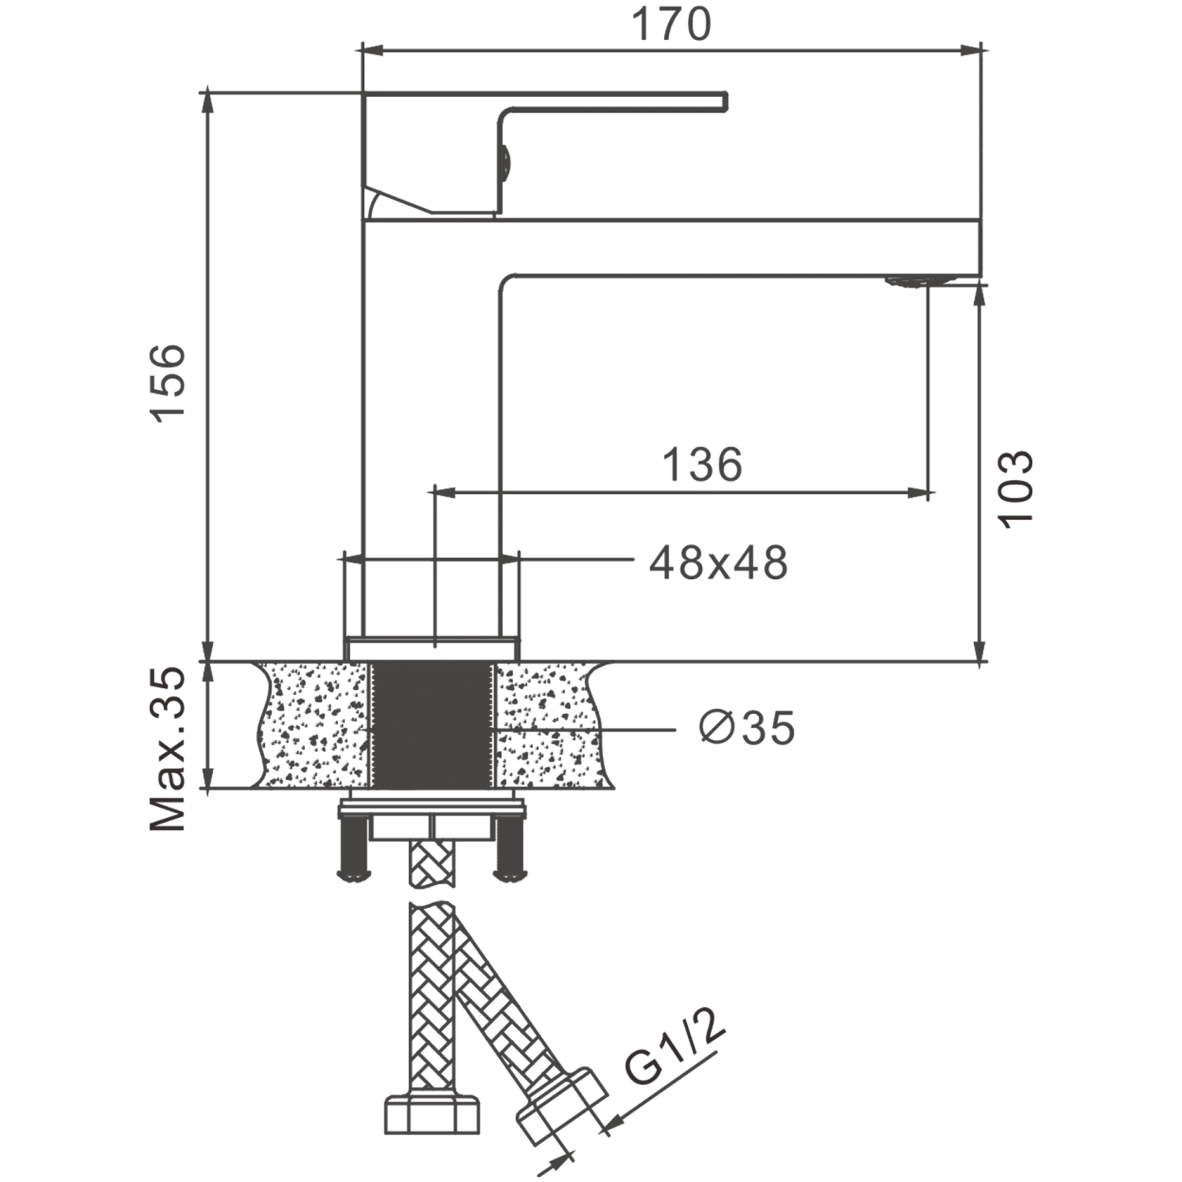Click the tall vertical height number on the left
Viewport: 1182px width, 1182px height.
pyautogui.click(x=169, y=384)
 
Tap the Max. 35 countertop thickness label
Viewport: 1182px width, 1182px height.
pyautogui.click(x=169, y=746)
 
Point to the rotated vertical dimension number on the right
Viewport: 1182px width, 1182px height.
pyautogui.click(x=1013, y=487)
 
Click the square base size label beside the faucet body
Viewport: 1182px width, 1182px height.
pyautogui.click(x=717, y=562)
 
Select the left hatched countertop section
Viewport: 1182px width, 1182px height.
pyautogui.click(x=315, y=725)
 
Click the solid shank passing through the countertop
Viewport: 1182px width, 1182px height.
pyautogui.click(x=431, y=725)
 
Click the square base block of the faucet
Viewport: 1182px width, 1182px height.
pyautogui.click(x=432, y=603)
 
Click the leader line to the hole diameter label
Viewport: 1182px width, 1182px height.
pyautogui.click(x=642, y=731)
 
